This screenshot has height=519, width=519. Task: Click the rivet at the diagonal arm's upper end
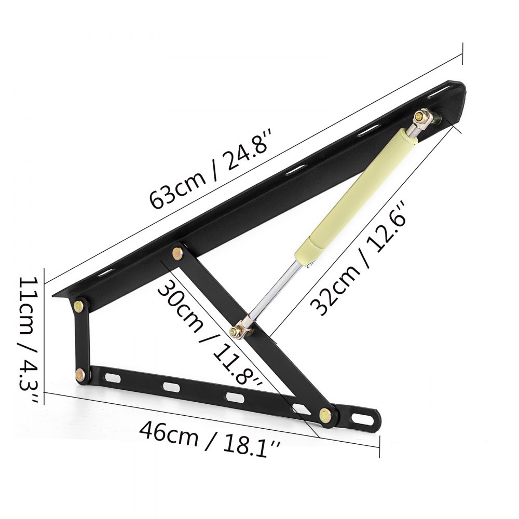point(178,253)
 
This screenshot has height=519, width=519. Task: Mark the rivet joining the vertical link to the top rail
point(80,306)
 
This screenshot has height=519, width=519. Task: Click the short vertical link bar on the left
point(80,339)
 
